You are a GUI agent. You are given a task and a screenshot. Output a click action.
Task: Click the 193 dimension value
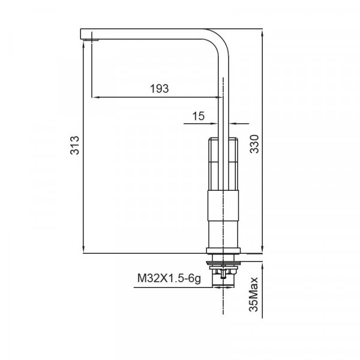point(159,88)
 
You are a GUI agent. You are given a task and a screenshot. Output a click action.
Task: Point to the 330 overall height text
point(254,145)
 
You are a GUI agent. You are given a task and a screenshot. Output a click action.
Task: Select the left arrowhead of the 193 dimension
point(94,96)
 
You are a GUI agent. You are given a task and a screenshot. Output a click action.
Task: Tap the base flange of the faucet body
point(225,250)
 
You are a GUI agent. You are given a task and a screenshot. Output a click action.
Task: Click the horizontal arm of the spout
point(150,34)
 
